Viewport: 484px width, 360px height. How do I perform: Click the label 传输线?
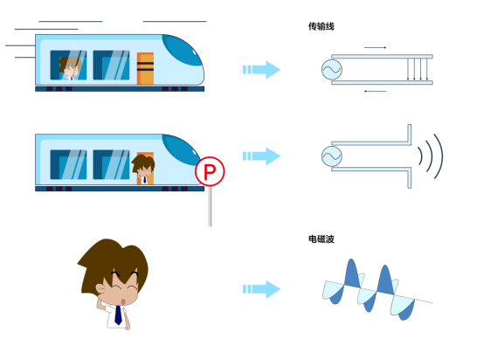pyautogui.click(x=321, y=26)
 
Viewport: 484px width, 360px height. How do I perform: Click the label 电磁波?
pyautogui.click(x=321, y=239)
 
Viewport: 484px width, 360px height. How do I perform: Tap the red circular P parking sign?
pyautogui.click(x=210, y=171)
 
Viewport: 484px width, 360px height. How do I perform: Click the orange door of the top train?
pyautogui.click(x=145, y=68)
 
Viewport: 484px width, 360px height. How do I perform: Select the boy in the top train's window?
pyautogui.click(x=70, y=68)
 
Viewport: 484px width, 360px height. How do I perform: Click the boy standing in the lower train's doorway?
pyautogui.click(x=143, y=170)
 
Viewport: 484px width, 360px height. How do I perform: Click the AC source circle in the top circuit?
pyautogui.click(x=332, y=70)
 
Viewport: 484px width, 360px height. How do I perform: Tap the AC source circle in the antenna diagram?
pyautogui.click(x=332, y=156)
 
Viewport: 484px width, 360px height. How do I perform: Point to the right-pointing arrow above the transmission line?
pyautogui.click(x=375, y=47)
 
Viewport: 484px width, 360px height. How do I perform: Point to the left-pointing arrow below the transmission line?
pyautogui.click(x=375, y=92)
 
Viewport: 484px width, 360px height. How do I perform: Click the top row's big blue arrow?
pyautogui.click(x=261, y=70)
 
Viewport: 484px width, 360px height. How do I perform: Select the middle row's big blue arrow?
pyautogui.click(x=261, y=156)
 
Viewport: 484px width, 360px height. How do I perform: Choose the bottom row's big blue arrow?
pyautogui.click(x=261, y=289)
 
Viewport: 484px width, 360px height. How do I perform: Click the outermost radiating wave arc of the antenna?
pyautogui.click(x=442, y=156)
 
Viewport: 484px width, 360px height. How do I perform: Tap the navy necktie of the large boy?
pyautogui.click(x=118, y=315)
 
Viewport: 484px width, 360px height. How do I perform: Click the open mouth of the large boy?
pyautogui.click(x=123, y=301)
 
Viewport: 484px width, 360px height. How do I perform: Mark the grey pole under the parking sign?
pyautogui.click(x=210, y=206)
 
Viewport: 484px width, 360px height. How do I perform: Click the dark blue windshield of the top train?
pyautogui.click(x=183, y=50)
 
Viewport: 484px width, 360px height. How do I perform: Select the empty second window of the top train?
pyautogui.click(x=111, y=66)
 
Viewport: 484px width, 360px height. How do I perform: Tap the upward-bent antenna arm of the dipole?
pyautogui.click(x=409, y=135)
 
